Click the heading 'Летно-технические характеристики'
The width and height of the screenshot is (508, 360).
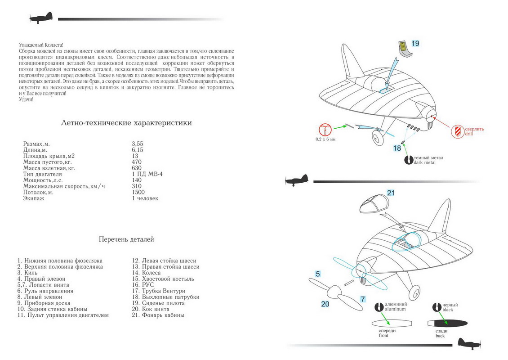point(126,123)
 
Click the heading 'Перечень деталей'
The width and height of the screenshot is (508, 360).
point(126,239)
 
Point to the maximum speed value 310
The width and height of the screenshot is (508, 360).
point(137,186)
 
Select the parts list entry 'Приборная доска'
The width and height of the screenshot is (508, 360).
point(44,303)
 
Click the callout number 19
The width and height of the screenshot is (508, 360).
point(415,44)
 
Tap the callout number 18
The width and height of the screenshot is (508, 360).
point(397,148)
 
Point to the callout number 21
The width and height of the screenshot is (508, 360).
point(391,193)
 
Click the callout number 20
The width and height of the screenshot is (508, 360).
point(325,305)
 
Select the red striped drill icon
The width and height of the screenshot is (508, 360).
point(458,131)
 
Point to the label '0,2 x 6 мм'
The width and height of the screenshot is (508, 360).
point(325,139)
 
